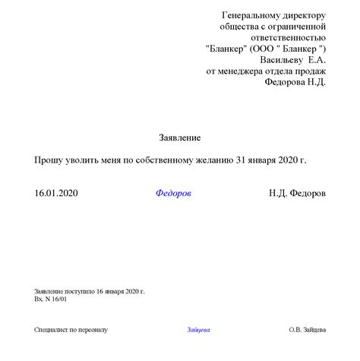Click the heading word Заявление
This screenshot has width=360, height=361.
click(180, 138)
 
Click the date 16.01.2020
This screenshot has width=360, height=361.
click(56, 194)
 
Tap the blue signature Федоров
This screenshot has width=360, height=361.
click(173, 194)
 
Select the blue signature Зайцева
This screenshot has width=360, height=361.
click(197, 330)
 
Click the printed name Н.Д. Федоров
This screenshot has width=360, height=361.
click(297, 194)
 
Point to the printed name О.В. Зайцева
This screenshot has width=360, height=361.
click(307, 330)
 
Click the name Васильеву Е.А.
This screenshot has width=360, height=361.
click(293, 60)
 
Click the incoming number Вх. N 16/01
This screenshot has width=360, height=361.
click(50, 299)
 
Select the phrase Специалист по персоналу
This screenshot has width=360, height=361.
click(71, 330)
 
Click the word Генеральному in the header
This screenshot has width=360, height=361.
click(251, 15)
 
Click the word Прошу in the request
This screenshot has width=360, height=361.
click(49, 161)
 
